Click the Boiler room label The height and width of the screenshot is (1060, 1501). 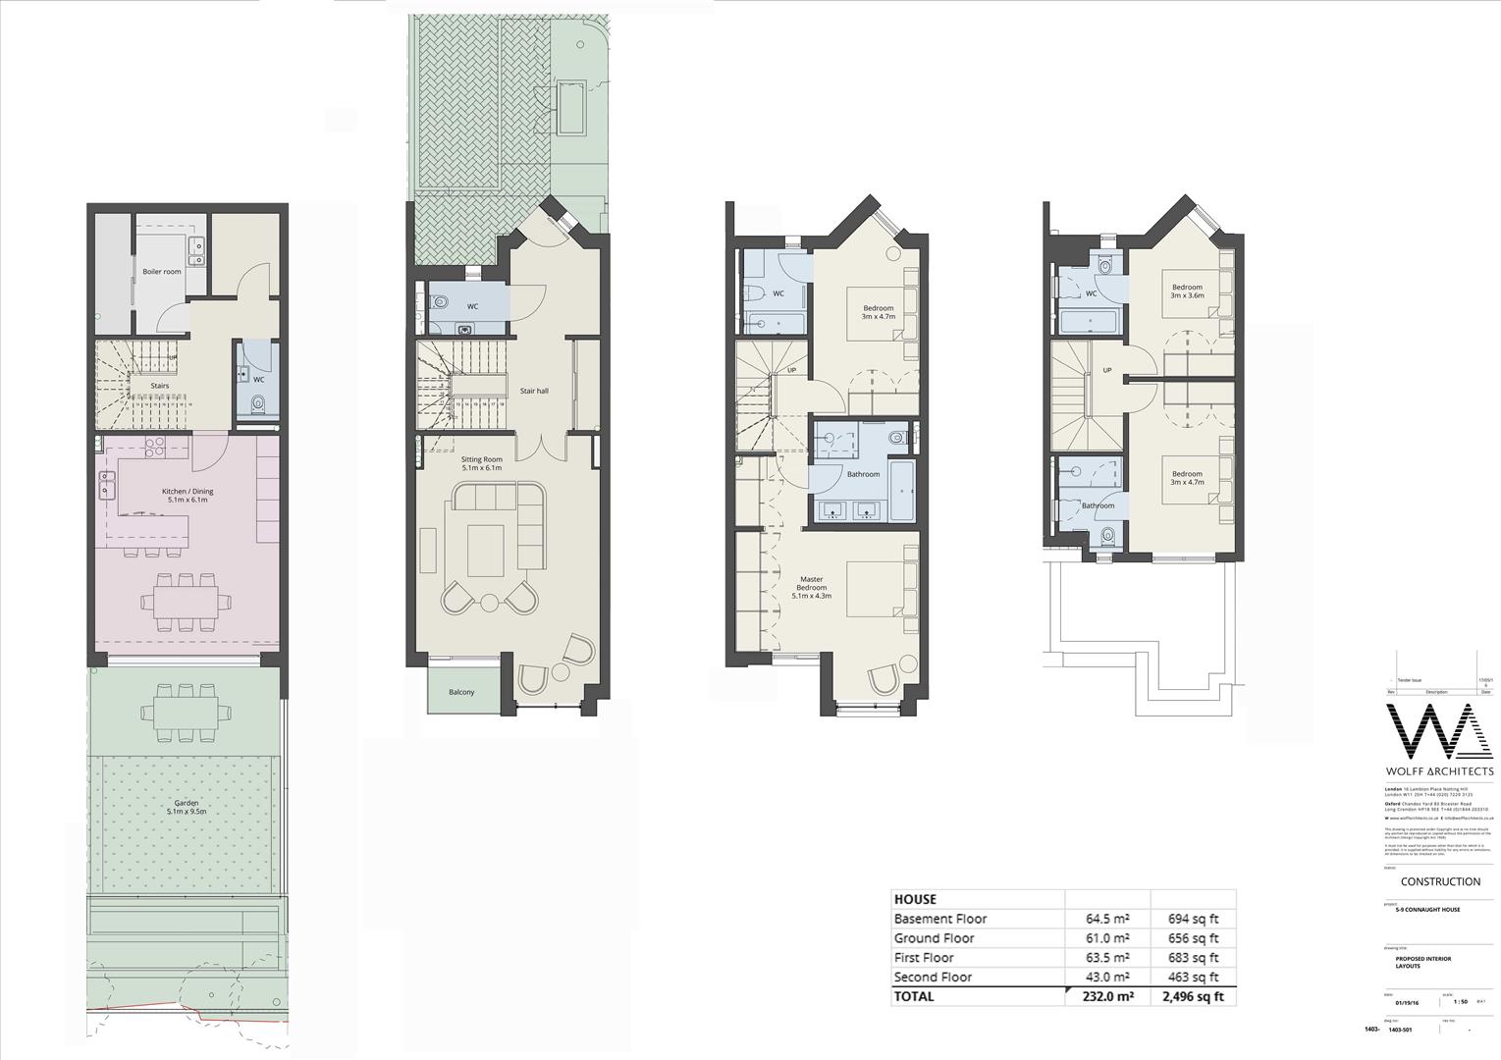[162, 272]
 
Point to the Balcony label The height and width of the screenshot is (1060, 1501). [461, 692]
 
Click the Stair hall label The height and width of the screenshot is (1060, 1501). [534, 391]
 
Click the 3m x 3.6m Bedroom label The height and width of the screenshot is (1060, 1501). [1186, 291]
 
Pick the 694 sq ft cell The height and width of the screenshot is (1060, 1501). [1193, 919]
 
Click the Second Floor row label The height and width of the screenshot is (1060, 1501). [933, 977]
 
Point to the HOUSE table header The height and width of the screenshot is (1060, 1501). [915, 899]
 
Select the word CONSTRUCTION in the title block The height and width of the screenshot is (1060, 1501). [1440, 881]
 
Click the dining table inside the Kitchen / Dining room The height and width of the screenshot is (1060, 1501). [187, 601]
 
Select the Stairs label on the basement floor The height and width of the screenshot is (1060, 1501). [159, 386]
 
